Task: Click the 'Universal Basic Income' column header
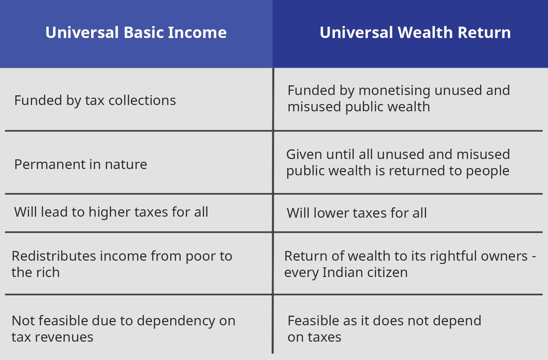click(x=136, y=32)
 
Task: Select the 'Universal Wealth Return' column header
click(x=415, y=32)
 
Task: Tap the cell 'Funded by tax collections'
click(x=95, y=101)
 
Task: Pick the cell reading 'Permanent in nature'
click(x=81, y=164)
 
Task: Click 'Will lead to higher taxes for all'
click(x=111, y=212)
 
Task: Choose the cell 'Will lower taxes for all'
click(x=357, y=213)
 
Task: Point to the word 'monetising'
click(x=394, y=90)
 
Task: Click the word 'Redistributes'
click(x=54, y=256)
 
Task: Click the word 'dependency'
click(x=176, y=321)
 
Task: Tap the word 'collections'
click(x=142, y=100)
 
